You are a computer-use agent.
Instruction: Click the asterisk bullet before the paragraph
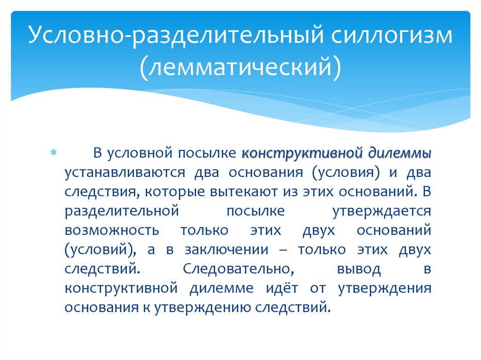pos(53,154)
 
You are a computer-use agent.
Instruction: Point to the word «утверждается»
pos(381,211)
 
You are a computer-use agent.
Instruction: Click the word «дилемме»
pos(221,288)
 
